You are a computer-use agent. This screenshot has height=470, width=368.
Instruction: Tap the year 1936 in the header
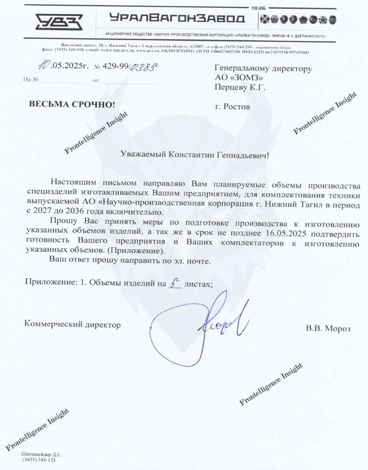click(x=260, y=8)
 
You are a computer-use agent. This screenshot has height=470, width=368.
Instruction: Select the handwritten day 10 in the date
click(x=43, y=66)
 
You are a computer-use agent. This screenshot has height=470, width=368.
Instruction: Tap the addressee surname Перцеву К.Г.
click(x=240, y=87)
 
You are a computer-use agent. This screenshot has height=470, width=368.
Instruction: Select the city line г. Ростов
click(x=233, y=107)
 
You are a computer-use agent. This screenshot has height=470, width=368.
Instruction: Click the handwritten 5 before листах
click(x=174, y=284)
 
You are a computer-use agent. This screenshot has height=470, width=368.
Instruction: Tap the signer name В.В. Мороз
click(x=328, y=328)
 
